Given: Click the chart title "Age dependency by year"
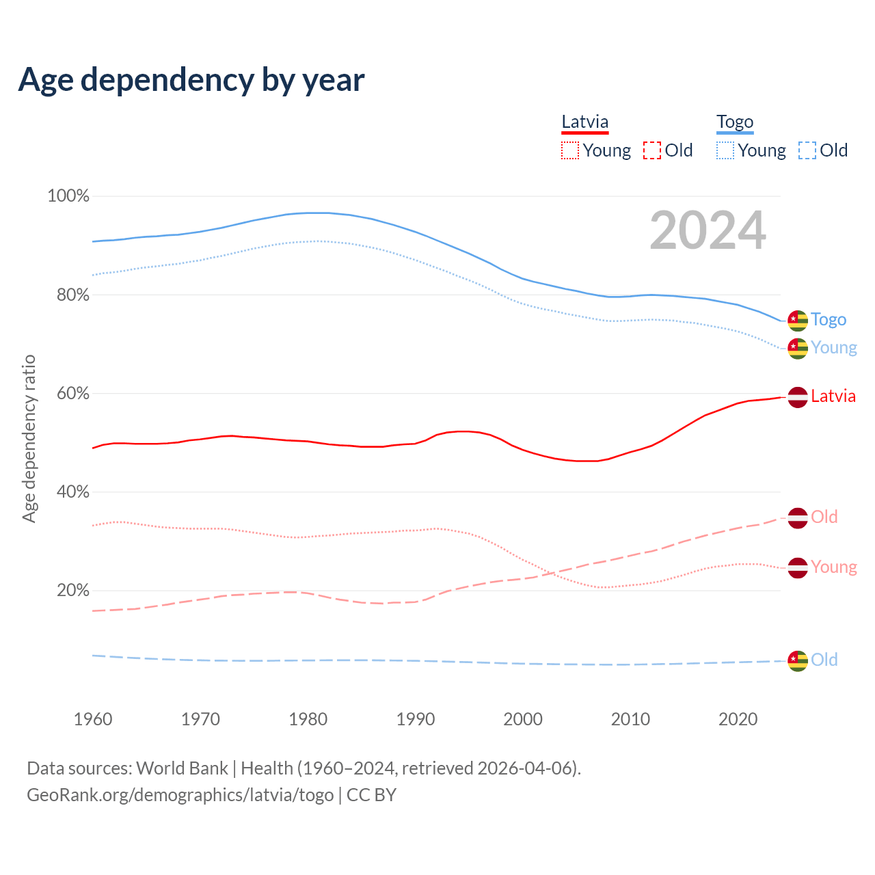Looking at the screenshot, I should click(x=191, y=80).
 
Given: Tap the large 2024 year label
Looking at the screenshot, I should click(x=708, y=230).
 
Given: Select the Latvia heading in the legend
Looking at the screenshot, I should click(x=584, y=122).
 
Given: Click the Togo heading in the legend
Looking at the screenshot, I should click(x=735, y=122).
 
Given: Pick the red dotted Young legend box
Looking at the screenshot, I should click(x=569, y=150).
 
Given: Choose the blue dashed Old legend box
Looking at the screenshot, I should click(x=807, y=150).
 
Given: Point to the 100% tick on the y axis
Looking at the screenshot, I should click(x=68, y=196).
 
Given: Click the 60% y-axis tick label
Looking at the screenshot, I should click(x=72, y=394).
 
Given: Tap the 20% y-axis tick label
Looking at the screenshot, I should click(x=72, y=591).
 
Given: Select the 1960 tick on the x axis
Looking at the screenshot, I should click(x=93, y=719).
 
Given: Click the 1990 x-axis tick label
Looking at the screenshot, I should click(x=416, y=719).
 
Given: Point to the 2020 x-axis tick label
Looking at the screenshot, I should click(x=738, y=719).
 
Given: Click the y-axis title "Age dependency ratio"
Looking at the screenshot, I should click(x=29, y=438).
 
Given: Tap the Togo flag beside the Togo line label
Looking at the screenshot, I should click(x=798, y=320).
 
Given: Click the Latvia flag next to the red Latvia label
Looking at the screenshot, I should click(x=798, y=396).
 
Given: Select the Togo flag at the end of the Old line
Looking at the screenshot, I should click(x=798, y=660).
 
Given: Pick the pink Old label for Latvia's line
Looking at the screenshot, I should click(x=824, y=517).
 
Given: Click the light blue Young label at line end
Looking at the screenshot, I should click(x=834, y=348).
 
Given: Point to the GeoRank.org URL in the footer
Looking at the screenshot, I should click(x=180, y=795).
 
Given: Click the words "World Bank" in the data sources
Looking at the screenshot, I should click(x=182, y=768).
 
